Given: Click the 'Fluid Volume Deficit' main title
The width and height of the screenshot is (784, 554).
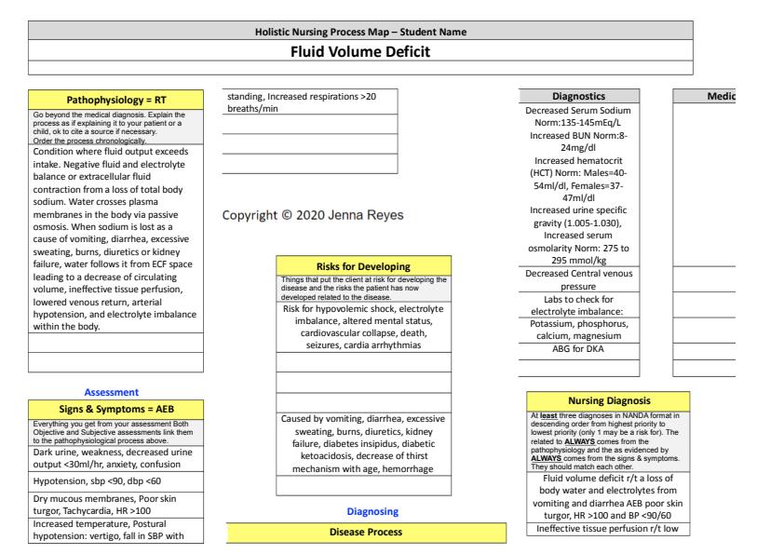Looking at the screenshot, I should [x=361, y=50].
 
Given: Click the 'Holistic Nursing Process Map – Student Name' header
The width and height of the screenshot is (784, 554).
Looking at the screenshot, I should [x=361, y=33].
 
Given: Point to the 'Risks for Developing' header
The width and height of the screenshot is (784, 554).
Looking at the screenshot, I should [x=363, y=266].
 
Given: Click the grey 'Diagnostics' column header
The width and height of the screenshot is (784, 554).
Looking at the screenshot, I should [x=579, y=95].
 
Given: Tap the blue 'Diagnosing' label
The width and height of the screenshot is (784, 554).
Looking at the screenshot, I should [x=366, y=511].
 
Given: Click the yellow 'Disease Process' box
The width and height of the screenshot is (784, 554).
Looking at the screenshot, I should [x=366, y=533].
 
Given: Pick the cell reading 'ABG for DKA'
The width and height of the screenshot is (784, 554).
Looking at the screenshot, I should [x=579, y=350].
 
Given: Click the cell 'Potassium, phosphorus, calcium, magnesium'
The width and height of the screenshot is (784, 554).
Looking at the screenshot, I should [x=579, y=330].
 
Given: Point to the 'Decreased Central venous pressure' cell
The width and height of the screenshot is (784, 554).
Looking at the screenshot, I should [x=579, y=281].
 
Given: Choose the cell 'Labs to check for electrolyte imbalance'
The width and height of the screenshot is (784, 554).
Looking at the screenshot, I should [x=579, y=305].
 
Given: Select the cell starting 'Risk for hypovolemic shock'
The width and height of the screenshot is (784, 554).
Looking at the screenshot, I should [x=363, y=327].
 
